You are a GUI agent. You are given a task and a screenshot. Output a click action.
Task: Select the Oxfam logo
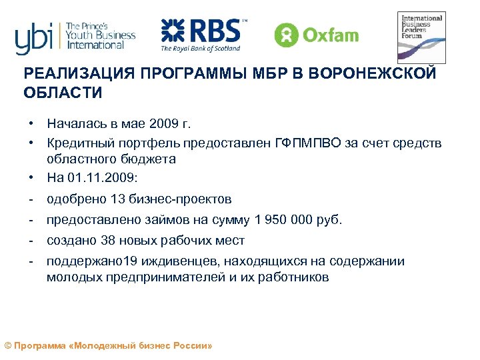[x=317, y=34]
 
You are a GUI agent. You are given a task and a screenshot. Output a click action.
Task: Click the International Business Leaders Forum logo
[x=421, y=37]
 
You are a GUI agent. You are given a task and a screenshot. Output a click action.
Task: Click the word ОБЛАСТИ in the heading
[x=63, y=93]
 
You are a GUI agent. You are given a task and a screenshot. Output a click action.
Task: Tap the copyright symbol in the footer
[x=8, y=347]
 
